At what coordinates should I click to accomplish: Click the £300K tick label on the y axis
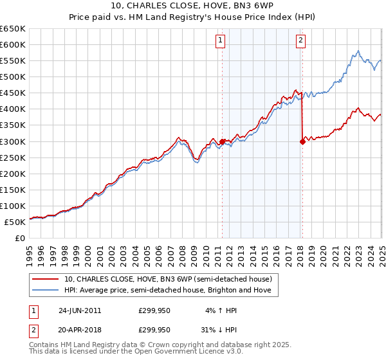tap(13, 141)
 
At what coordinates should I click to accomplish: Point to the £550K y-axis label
tap(13, 60)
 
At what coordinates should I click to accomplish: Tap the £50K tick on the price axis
tap(15, 222)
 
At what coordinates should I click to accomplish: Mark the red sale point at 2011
tap(222, 141)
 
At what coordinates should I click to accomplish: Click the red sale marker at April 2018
tap(302, 142)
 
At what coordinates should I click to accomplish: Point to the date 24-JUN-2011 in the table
tap(79, 310)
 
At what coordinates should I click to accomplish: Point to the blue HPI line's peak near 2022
tap(358, 51)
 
